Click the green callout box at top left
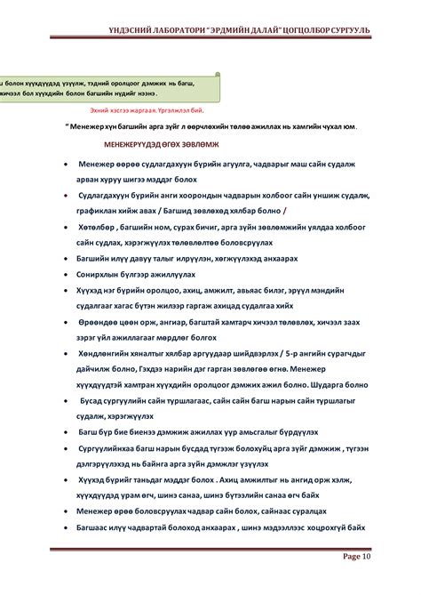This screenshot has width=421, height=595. coord(107,87)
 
